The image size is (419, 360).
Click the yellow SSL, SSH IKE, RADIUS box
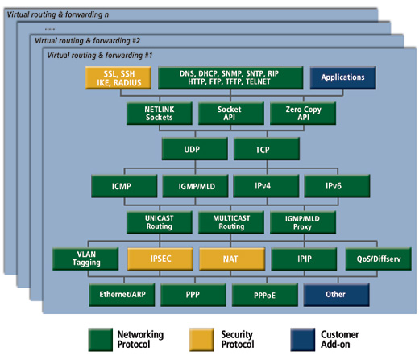pyautogui.click(x=118, y=78)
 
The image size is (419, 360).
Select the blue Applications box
pyautogui.click(x=343, y=78)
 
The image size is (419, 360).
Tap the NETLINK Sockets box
pyautogui.click(x=160, y=114)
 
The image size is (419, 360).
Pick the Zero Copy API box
pyautogui.click(x=303, y=114)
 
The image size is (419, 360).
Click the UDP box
pyautogui.click(x=195, y=149)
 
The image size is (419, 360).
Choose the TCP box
pyautogui.click(x=267, y=149)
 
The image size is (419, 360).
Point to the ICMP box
pyautogui.click(x=124, y=186)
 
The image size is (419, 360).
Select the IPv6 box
pyautogui.click(x=337, y=186)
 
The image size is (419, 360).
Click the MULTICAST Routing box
pyautogui.click(x=231, y=222)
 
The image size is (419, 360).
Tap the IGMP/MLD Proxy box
pyautogui.click(x=303, y=222)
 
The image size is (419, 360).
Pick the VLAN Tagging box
pyautogui.click(x=85, y=259)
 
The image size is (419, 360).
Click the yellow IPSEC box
pyautogui.click(x=160, y=259)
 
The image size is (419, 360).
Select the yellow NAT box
pyautogui.click(x=232, y=259)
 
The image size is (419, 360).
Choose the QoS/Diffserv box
pyautogui.click(x=379, y=259)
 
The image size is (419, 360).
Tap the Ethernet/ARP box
pyautogui.click(x=122, y=295)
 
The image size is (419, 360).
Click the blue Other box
pyautogui.click(x=337, y=295)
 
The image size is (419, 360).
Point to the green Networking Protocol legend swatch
pyautogui.click(x=101, y=340)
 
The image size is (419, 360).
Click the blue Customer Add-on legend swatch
pyautogui.click(x=303, y=340)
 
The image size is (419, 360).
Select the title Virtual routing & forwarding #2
pyautogui.click(x=87, y=41)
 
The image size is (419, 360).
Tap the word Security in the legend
pyautogui.click(x=237, y=335)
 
